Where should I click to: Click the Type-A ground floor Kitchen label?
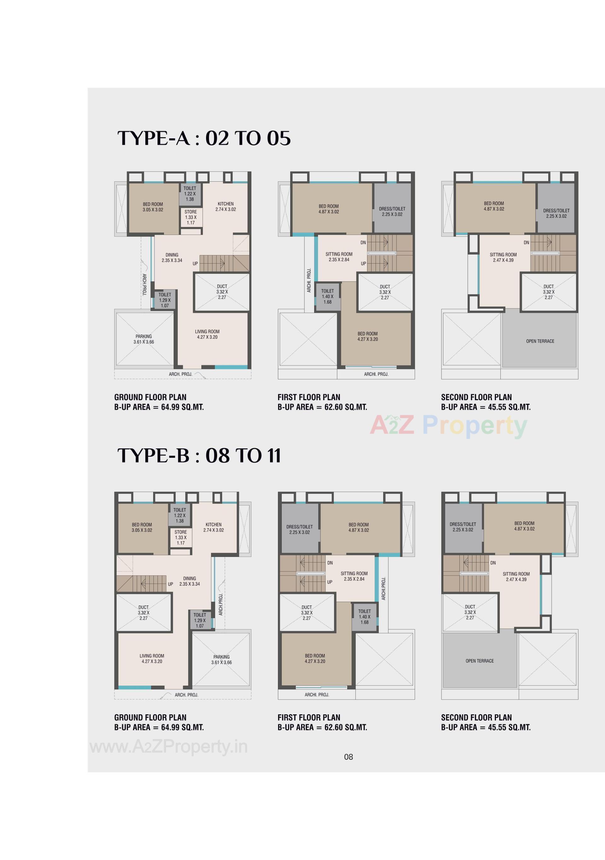coord(226,206)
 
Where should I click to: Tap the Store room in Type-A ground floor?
coord(190,217)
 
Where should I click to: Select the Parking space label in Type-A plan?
coord(144,339)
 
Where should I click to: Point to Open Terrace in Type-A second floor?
coord(540,341)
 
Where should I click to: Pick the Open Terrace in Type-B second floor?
coord(480,661)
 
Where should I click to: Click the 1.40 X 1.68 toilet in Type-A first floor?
coord(327,296)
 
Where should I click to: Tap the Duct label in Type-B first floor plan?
coord(306,612)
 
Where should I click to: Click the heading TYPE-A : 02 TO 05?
coord(204,138)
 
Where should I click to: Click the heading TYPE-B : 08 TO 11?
coord(199,455)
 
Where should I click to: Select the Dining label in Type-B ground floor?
coord(189,581)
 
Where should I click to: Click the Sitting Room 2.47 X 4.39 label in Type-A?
coord(503,257)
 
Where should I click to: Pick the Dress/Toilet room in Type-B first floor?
coord(299,529)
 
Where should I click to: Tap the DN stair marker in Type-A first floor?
coord(363,242)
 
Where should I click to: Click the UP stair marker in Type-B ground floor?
coord(170,584)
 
